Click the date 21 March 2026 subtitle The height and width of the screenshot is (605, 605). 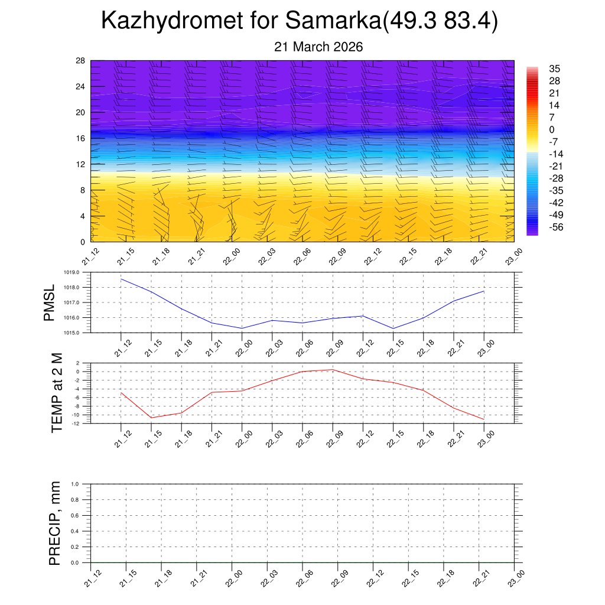318,47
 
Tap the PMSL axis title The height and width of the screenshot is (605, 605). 49,303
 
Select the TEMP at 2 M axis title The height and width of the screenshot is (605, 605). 57,393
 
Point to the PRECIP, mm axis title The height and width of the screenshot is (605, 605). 54,523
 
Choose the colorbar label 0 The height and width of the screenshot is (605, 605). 551,130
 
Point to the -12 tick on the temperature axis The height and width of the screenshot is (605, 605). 77,423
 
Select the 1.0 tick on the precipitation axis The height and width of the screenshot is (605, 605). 75,484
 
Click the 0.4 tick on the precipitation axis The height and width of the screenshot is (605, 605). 75,531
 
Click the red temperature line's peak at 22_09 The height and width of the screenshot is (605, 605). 333,370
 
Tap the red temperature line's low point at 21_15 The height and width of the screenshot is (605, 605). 151,418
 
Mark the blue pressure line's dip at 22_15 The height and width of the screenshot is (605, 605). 393,328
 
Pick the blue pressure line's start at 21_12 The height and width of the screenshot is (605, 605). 121,279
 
